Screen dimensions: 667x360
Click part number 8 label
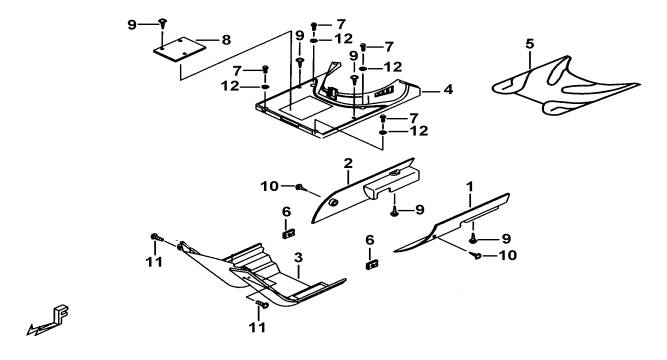226,40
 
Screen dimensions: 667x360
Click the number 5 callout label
530,44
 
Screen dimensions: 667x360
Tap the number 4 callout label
448,90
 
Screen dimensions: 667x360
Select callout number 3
299,257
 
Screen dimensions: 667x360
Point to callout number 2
348,163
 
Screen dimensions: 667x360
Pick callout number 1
470,187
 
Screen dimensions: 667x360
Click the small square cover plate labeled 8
180,49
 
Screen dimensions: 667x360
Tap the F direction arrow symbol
49,321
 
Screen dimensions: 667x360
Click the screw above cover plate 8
162,22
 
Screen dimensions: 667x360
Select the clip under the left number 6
289,233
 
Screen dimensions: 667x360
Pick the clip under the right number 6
372,265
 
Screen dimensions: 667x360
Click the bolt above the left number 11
157,237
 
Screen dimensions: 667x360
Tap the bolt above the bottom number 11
262,304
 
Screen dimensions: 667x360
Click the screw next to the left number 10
300,186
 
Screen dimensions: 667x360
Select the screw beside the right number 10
476,255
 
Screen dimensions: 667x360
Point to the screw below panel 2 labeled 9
395,211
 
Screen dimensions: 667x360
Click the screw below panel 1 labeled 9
473,240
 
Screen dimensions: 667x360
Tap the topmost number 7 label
341,25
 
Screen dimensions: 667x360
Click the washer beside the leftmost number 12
265,87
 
